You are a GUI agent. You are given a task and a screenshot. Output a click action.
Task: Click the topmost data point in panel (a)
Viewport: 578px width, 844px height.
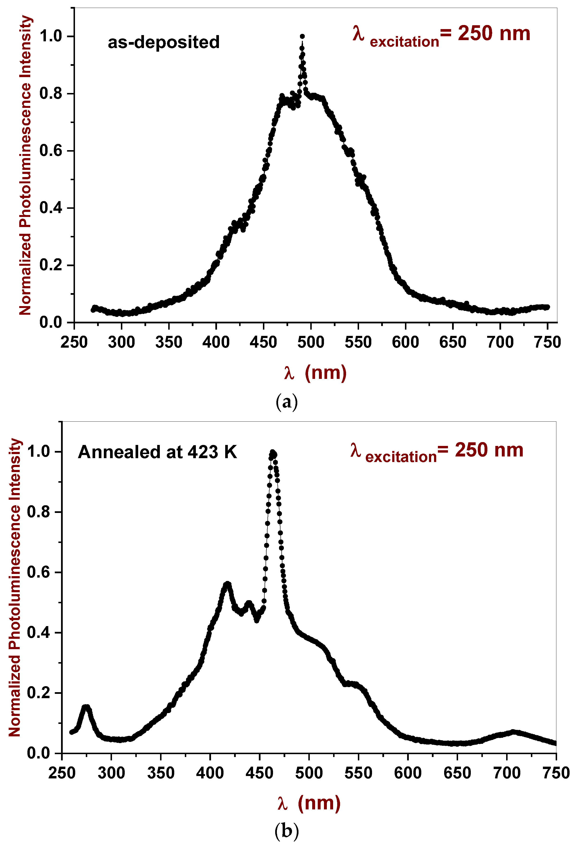click(302, 36)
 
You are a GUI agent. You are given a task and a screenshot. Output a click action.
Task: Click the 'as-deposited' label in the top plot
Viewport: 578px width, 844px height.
click(163, 42)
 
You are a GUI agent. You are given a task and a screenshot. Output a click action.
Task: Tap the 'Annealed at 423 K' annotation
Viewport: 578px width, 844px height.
click(157, 452)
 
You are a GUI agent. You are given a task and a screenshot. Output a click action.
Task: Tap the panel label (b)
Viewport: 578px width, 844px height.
click(287, 830)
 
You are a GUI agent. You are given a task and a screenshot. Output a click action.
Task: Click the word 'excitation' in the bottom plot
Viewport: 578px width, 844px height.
click(401, 457)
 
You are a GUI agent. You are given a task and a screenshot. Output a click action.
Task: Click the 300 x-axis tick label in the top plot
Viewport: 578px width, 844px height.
click(121, 342)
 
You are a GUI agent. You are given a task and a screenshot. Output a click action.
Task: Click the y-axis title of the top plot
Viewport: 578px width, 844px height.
click(25, 165)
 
